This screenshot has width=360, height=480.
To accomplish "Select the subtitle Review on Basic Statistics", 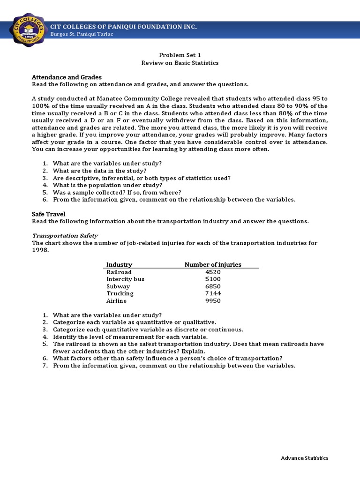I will (x=180, y=62).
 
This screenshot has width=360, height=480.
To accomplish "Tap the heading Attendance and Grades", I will (x=67, y=77).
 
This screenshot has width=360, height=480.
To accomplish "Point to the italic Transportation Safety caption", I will (x=65, y=235).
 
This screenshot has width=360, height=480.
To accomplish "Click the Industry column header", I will (x=119, y=264).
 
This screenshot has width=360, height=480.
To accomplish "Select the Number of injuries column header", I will (x=213, y=264).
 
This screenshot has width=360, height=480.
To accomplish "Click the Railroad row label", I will (x=119, y=272).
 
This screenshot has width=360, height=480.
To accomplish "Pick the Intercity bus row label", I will (x=125, y=279).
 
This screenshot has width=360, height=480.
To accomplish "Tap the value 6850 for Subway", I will (x=213, y=286).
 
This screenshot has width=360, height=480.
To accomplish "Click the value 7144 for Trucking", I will (x=213, y=293).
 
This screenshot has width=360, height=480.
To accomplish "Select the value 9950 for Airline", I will (x=213, y=301).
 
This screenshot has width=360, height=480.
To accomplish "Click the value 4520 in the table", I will (x=213, y=272).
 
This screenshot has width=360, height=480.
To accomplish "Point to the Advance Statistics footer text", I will (x=305, y=458).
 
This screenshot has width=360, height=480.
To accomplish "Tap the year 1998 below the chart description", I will (x=40, y=250).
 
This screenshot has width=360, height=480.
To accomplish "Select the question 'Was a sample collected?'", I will (x=117, y=192).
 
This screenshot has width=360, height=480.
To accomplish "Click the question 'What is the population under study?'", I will (x=108, y=185).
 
